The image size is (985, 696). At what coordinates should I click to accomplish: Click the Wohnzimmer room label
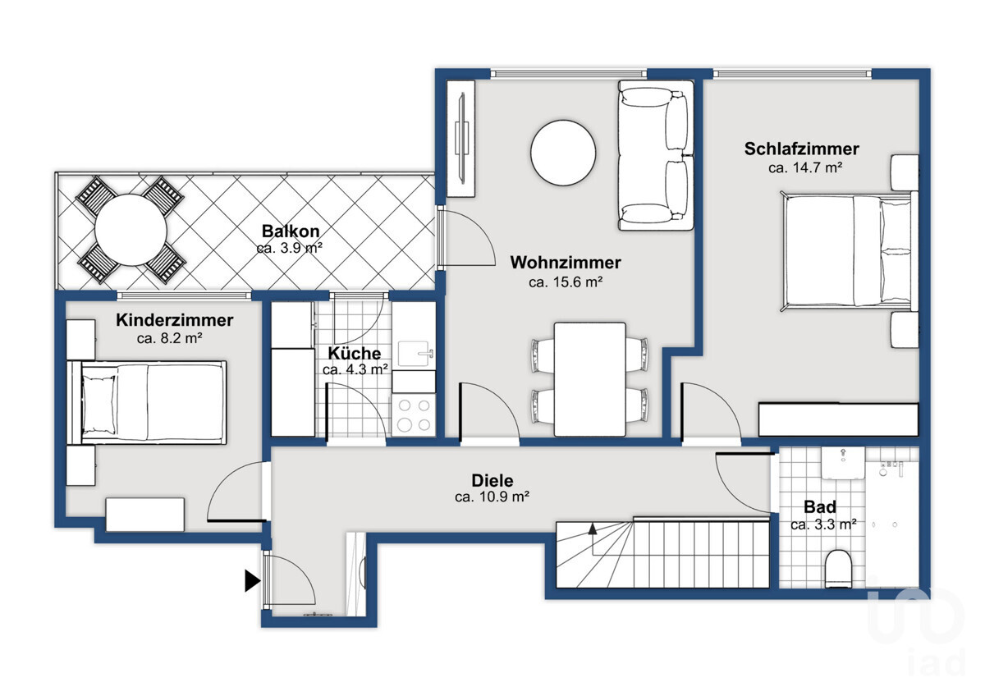coord(566,263)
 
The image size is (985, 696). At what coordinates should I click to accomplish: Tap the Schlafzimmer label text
coord(801,149)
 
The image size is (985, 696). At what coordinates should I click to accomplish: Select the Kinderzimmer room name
coord(175,319)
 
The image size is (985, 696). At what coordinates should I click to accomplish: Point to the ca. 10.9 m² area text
coord(492,497)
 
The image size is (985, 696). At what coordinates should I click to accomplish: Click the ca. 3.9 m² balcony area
coord(289,248)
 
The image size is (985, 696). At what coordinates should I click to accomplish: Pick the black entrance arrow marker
coord(253,581)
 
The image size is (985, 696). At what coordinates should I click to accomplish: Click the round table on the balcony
coord(131,230)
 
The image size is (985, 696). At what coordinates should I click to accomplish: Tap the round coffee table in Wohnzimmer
coord(563,153)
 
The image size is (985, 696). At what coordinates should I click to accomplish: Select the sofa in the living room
coord(656,155)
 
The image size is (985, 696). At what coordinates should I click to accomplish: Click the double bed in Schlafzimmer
coord(850,251)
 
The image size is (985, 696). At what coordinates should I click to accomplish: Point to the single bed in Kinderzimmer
coord(146,403)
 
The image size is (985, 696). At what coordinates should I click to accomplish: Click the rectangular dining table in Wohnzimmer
coord(589,379)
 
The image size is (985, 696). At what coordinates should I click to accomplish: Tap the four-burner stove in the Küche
coord(414,415)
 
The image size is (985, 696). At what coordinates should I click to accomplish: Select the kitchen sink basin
coord(414,354)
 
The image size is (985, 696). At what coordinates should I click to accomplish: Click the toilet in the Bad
coord(838,568)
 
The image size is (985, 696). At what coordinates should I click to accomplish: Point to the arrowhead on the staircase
coord(593,529)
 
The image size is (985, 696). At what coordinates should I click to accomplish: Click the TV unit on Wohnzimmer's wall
coord(460,139)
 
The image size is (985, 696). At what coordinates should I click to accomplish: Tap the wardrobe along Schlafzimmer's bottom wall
coord(839,420)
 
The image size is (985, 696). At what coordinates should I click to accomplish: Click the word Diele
coord(492,481)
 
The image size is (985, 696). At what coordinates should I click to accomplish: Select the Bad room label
coord(820,507)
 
